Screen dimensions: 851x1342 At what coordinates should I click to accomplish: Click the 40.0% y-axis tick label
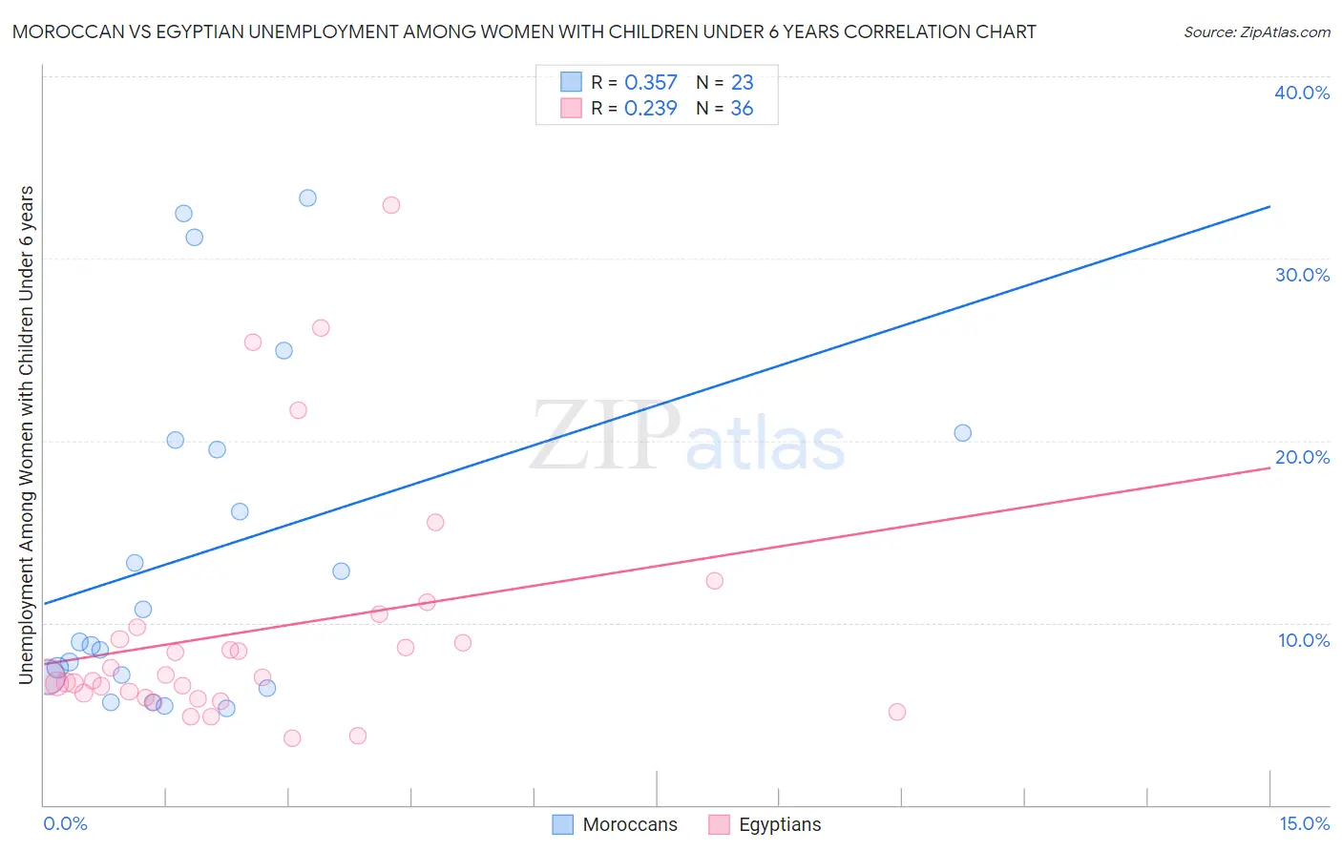click(1302, 93)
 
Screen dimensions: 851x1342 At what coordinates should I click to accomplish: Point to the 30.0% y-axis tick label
click(1302, 275)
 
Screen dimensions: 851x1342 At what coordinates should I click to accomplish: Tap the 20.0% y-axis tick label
click(1302, 457)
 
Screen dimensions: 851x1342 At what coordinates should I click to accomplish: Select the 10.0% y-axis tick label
click(1304, 640)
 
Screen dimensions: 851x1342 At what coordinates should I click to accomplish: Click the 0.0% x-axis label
click(65, 823)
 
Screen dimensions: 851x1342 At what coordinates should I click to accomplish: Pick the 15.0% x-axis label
click(1304, 823)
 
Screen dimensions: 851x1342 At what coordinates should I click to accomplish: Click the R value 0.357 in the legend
click(650, 83)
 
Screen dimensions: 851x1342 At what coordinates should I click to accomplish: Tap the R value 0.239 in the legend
click(650, 109)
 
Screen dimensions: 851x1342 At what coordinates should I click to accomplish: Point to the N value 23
click(742, 83)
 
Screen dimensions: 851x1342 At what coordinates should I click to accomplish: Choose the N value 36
click(742, 109)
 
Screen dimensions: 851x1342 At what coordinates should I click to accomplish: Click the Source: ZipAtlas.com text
click(1256, 32)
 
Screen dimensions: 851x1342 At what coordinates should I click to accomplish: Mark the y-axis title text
click(27, 434)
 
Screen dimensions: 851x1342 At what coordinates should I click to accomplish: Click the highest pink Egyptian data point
click(390, 205)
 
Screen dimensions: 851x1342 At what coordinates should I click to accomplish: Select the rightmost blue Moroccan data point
click(962, 433)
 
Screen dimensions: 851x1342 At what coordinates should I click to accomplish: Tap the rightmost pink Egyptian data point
click(896, 712)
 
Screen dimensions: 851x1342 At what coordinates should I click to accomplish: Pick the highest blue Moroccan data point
click(307, 198)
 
